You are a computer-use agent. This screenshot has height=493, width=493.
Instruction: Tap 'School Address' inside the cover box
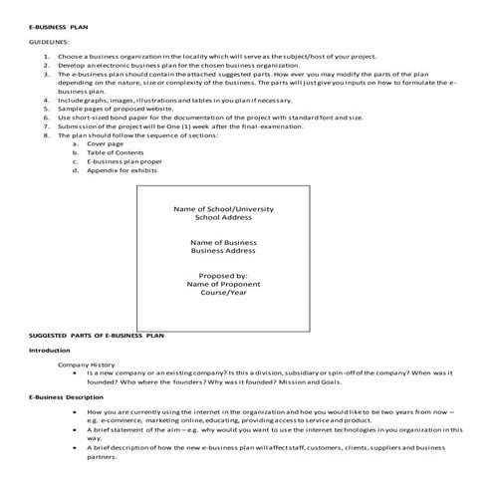(223, 218)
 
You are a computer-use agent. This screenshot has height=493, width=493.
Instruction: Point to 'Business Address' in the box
(223, 251)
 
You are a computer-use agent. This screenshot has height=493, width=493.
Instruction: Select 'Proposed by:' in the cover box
(223, 275)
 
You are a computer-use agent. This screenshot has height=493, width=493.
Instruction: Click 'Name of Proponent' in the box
(223, 284)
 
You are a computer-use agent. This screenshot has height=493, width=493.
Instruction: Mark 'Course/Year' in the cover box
(223, 293)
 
